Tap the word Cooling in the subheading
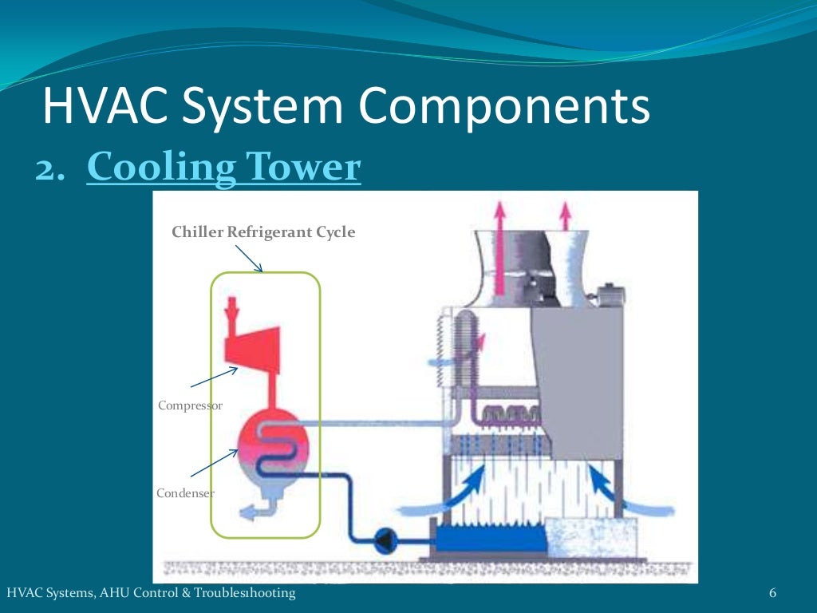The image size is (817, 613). pos(160,168)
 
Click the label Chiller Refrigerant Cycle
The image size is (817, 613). pos(263,233)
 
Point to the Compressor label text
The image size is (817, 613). pos(190,405)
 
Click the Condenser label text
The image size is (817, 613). pos(185,493)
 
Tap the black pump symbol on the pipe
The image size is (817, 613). pos(385,540)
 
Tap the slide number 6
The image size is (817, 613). pos(772,593)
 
